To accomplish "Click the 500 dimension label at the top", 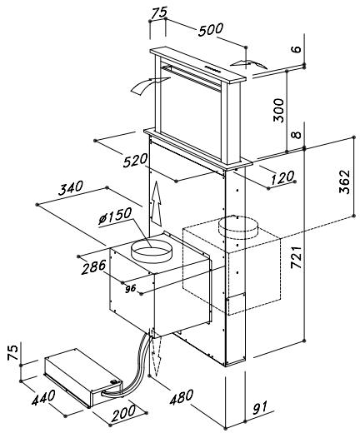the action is tap(211, 30).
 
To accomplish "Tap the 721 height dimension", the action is tap(297, 257).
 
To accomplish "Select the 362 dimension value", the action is tap(345, 182).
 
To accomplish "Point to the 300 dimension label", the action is tap(279, 110).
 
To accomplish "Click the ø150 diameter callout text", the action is tap(115, 216).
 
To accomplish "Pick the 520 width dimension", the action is tap(135, 162).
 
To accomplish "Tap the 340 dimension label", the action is tap(71, 188).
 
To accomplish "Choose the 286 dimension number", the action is tap(93, 267).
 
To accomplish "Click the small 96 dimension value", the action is tap(131, 289).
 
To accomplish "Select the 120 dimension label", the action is tap(282, 178).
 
